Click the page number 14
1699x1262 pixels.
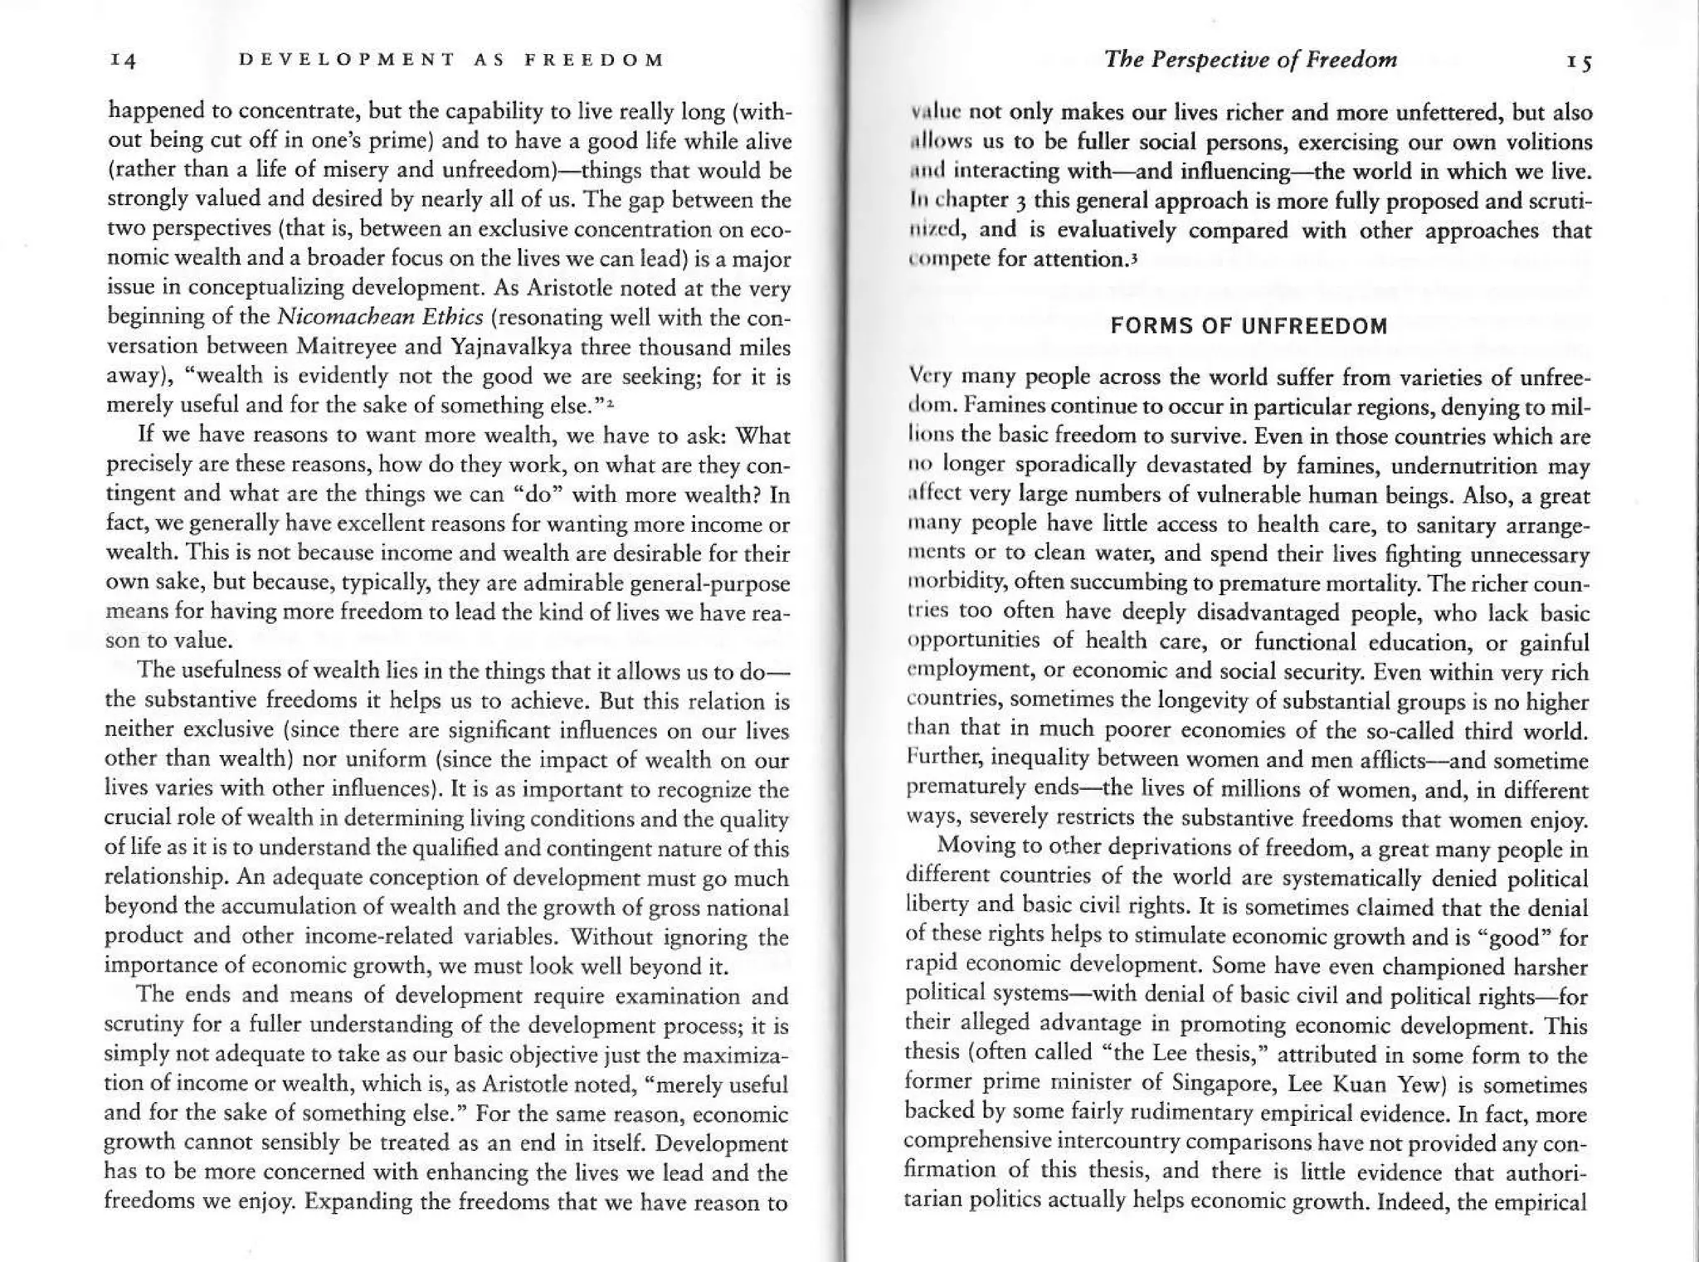(x=122, y=61)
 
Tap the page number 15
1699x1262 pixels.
(x=1580, y=62)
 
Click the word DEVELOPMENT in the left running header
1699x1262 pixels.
(x=346, y=60)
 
